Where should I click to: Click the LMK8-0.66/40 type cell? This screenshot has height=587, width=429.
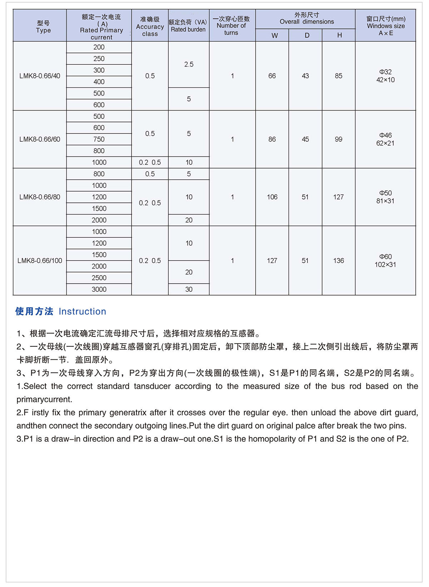click(x=40, y=76)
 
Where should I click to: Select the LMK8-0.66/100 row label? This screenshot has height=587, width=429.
click(x=40, y=261)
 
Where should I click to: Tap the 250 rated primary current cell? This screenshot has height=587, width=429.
click(x=99, y=59)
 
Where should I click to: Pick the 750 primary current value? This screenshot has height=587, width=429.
click(x=99, y=139)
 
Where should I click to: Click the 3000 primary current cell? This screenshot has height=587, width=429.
click(x=99, y=289)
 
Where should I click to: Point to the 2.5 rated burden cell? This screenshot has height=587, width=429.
click(x=189, y=64)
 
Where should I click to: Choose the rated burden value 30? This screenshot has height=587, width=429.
click(x=189, y=289)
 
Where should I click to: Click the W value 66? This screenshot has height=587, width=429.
click(x=272, y=76)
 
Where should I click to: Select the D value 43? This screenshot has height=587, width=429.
click(x=305, y=76)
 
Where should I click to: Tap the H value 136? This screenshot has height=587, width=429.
click(x=339, y=261)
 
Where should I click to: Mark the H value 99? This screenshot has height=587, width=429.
click(x=339, y=139)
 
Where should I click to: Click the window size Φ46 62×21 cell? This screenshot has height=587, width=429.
click(x=385, y=139)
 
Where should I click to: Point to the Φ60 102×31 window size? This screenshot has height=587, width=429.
click(x=385, y=261)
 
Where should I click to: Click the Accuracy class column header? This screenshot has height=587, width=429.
click(x=150, y=26)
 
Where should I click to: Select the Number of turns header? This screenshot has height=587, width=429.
click(x=231, y=26)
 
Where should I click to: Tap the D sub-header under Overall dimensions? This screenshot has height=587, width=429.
click(x=307, y=35)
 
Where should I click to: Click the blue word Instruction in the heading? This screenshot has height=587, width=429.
click(x=82, y=311)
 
